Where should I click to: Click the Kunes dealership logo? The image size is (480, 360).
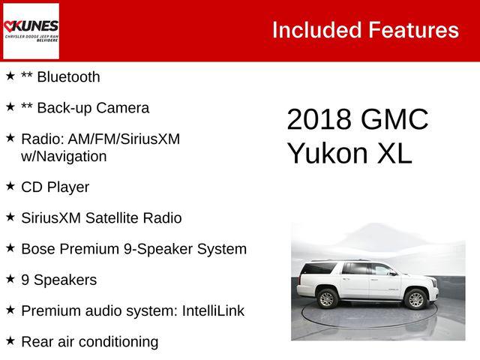coord(31,31)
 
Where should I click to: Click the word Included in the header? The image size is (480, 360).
coord(316,30)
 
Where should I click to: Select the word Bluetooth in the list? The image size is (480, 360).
coord(68,76)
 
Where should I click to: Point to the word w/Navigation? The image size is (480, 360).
coord(64,156)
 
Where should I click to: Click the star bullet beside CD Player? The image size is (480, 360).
coord(10,186)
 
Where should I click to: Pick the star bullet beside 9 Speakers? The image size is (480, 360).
coord(10,279)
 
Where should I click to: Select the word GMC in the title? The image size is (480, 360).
coord(394,120)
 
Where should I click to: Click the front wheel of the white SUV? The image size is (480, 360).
coord(416,300)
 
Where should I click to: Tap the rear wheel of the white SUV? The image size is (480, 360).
coord(326,298)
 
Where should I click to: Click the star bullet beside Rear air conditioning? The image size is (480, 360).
coord(10,341)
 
